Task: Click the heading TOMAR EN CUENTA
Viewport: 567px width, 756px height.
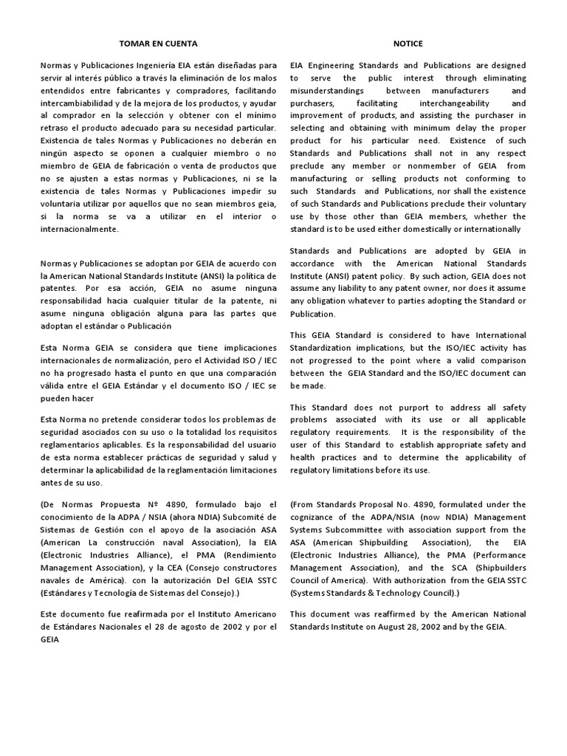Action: tap(159, 44)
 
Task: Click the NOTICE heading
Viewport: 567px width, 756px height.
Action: tap(408, 44)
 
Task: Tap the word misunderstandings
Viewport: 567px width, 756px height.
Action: tap(330, 90)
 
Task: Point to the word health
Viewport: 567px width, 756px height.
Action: tap(303, 458)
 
